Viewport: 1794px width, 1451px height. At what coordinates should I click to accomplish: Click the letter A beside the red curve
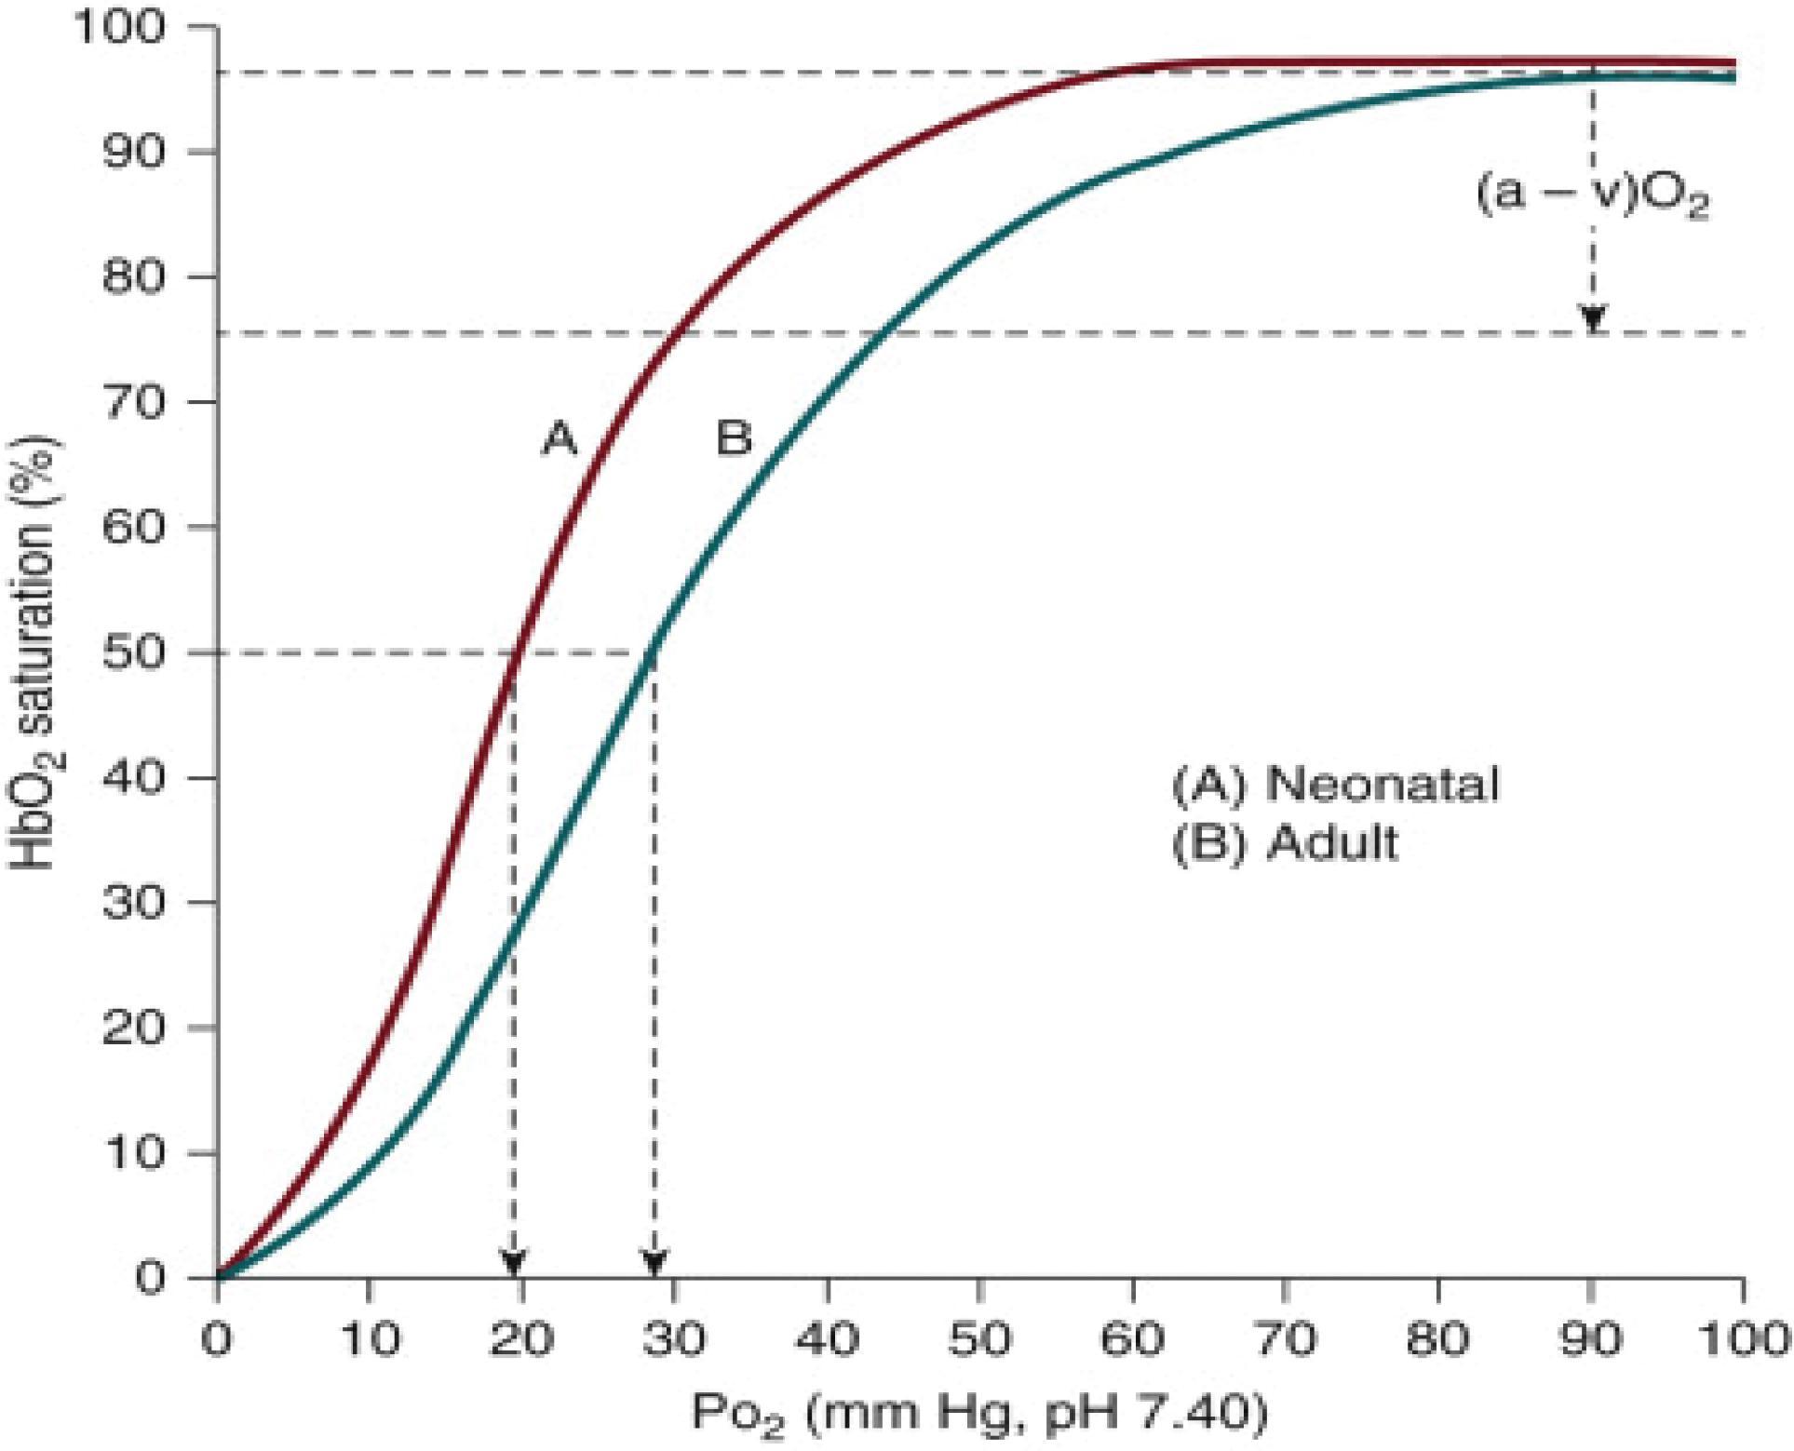click(560, 438)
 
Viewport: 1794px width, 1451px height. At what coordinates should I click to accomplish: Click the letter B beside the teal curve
click(734, 438)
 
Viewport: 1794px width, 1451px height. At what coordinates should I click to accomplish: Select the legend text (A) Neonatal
click(1335, 784)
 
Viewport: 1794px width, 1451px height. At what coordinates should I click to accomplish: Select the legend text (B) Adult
click(1285, 843)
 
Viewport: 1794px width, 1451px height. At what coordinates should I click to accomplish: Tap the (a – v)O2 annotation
click(1593, 196)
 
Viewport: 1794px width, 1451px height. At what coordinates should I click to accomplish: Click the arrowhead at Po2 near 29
click(655, 1263)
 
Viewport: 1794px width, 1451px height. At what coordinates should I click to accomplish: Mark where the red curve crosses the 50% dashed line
click(515, 652)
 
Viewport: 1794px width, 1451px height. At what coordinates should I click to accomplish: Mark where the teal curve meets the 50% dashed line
click(652, 652)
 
